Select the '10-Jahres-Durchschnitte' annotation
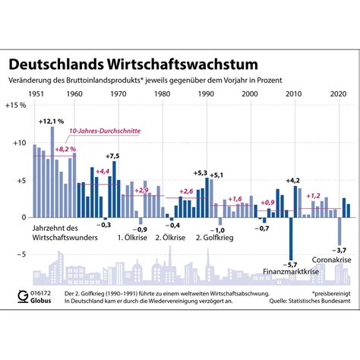(98, 131)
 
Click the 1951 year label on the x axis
(36, 93)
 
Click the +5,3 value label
(201, 173)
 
